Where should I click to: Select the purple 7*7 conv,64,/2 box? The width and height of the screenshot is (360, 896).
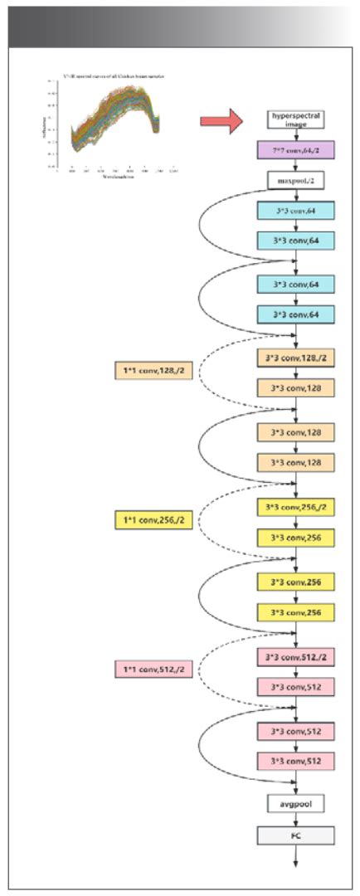point(295,150)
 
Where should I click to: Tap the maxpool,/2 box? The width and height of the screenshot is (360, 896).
point(295,178)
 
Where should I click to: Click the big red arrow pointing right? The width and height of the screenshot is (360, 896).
point(221,121)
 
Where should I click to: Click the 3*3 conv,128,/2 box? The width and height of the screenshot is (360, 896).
point(295,358)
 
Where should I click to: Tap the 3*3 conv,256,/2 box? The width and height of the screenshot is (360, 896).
point(295,508)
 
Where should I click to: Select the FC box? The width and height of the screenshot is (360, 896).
point(295,835)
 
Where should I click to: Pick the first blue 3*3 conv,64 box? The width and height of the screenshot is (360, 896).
point(295,212)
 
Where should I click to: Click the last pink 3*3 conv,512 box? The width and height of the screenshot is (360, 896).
point(295,761)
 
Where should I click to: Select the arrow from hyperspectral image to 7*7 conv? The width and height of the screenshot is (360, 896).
point(295,135)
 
